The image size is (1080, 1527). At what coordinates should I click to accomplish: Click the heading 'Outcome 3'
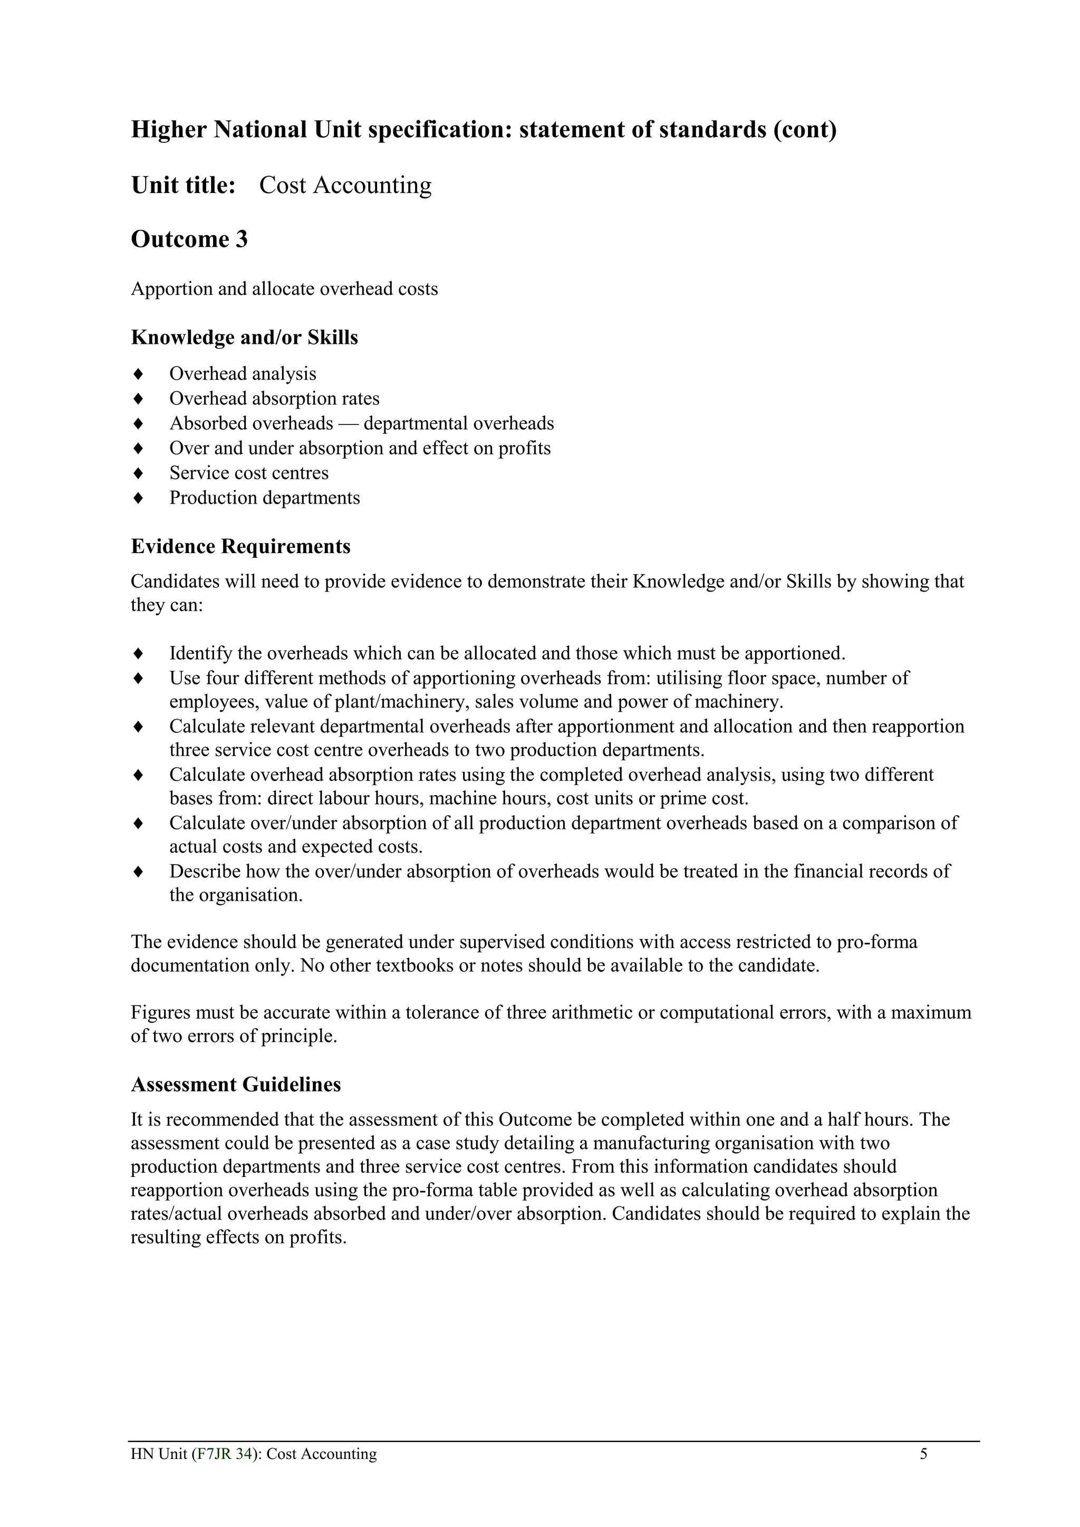tap(189, 239)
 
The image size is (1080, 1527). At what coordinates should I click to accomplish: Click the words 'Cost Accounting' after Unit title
tap(345, 185)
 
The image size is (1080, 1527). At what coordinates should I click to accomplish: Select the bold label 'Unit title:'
tap(184, 185)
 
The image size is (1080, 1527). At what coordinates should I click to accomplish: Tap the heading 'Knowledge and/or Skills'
tap(244, 338)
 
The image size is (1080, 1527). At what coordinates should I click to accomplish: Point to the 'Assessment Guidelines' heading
tap(235, 1085)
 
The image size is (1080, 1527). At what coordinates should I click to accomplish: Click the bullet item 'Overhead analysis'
tap(242, 374)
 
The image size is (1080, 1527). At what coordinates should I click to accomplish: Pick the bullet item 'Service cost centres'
tap(249, 473)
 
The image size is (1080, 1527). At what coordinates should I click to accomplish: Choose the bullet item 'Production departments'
tap(264, 498)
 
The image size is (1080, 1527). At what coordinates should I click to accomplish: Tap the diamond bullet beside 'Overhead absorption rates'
tap(138, 399)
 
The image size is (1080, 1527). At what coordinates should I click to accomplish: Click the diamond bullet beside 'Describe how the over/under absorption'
tap(138, 871)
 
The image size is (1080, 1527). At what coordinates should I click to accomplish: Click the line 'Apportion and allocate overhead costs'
tap(284, 289)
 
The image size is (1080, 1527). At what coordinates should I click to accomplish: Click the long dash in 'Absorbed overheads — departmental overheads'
tap(349, 423)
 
